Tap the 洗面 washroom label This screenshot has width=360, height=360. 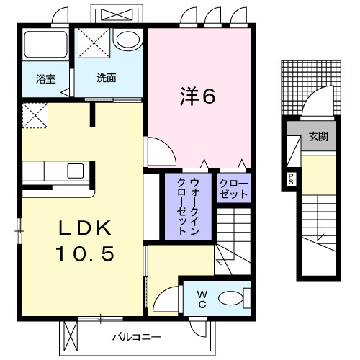[x=107, y=78]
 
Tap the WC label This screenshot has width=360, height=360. [x=201, y=297]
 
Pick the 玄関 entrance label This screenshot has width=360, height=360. [x=317, y=135]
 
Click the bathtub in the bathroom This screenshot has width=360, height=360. [x=45, y=47]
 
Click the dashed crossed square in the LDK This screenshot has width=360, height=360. [x=34, y=115]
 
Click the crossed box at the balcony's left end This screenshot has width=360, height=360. [x=71, y=336]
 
